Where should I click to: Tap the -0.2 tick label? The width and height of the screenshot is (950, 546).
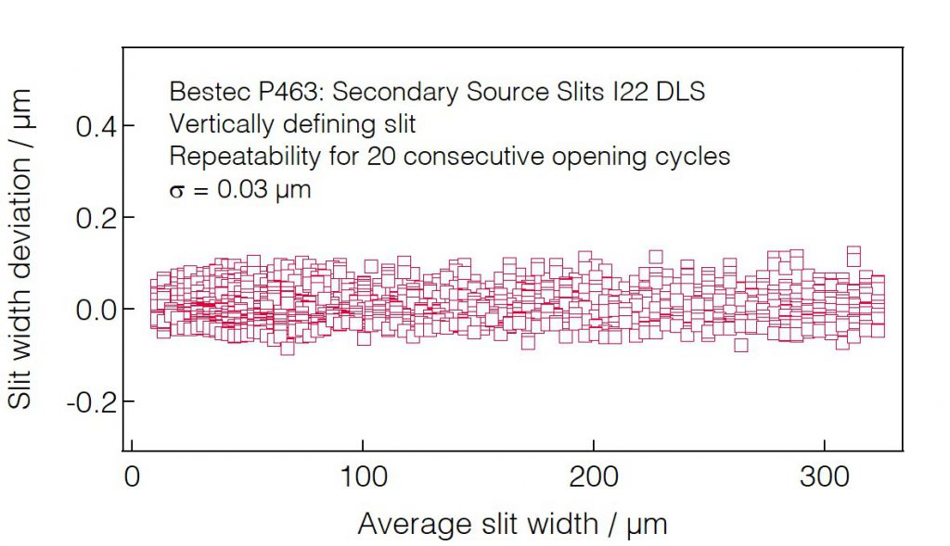(x=89, y=401)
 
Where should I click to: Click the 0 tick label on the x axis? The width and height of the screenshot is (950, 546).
(x=132, y=476)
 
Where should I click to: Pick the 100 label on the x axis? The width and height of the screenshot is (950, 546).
(x=362, y=476)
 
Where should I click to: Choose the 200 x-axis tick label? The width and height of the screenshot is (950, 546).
(x=593, y=476)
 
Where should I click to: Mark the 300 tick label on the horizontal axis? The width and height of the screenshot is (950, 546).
(x=824, y=476)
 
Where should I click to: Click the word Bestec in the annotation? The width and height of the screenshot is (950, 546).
(x=200, y=92)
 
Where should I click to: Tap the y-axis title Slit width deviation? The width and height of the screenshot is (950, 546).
(x=20, y=248)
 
